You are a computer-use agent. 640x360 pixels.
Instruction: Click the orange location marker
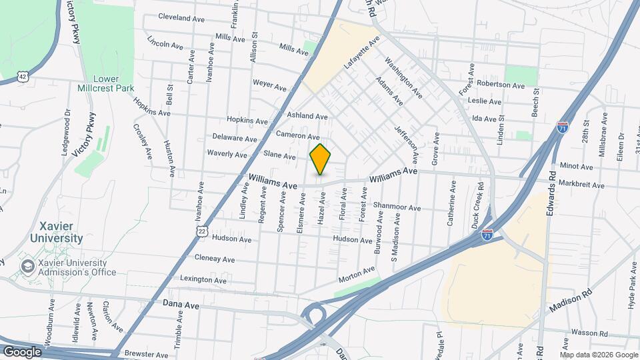coord(321,159)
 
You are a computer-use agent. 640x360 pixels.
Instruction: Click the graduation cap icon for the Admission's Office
coord(27,267)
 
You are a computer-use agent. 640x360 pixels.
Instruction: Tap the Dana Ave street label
coord(181,304)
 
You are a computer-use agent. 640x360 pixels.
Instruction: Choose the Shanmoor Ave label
coord(397,207)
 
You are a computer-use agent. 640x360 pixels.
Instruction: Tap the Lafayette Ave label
coord(361,54)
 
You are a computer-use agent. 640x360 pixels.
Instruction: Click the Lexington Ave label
coord(203,280)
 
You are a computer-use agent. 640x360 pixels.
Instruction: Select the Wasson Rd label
coord(588,331)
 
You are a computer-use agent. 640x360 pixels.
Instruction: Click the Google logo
coord(22,351)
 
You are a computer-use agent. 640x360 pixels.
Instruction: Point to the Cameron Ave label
coord(298,135)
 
